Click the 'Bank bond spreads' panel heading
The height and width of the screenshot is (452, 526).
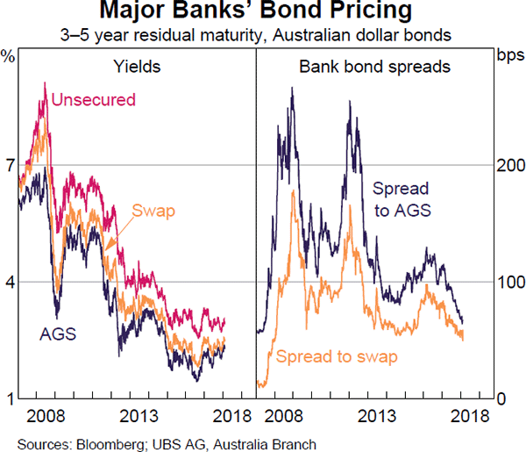pos(374,66)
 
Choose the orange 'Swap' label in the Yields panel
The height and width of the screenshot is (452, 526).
pos(153,211)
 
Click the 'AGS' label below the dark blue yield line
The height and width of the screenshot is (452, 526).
pos(58,334)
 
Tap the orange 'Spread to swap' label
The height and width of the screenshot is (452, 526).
pos(337,356)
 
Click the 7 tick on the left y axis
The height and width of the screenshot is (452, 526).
pos(9,165)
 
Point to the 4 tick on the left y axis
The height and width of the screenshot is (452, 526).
pos(9,282)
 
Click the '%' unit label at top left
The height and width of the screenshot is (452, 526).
pos(9,57)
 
